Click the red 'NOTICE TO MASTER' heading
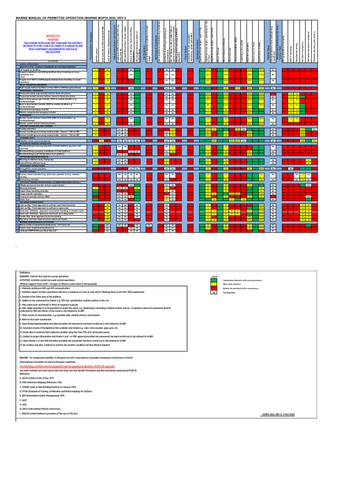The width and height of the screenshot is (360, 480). point(52,37)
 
